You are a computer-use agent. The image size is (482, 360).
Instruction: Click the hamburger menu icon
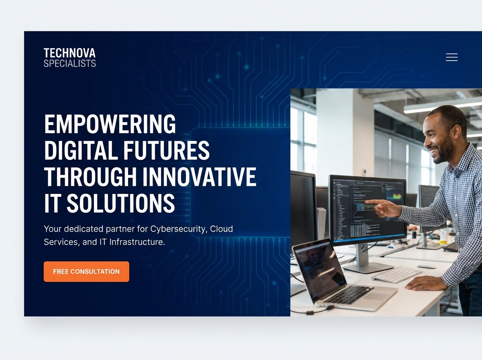[451, 57]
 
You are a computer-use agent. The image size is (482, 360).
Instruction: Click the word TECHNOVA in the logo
[69, 53]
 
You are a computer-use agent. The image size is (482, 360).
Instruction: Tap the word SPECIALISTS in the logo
[69, 63]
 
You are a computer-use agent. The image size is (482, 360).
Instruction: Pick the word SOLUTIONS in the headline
[120, 203]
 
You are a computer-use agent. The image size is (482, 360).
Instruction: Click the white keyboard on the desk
[396, 274]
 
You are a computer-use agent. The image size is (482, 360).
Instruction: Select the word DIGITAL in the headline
[76, 150]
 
